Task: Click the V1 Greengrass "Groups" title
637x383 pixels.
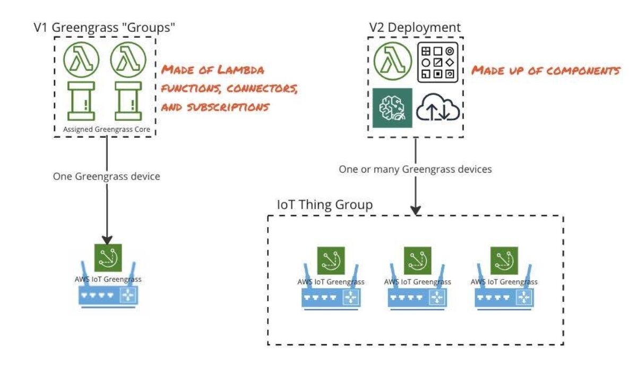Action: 104,28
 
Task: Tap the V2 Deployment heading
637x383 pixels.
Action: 415,28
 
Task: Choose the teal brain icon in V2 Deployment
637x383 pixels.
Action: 392,108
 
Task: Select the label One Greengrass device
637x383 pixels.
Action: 106,176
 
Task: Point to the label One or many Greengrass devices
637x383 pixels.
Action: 415,169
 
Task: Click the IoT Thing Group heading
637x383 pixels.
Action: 325,205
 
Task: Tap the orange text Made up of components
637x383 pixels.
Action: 546,70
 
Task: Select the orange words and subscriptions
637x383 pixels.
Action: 214,106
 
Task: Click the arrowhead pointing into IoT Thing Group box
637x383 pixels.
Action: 416,210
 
